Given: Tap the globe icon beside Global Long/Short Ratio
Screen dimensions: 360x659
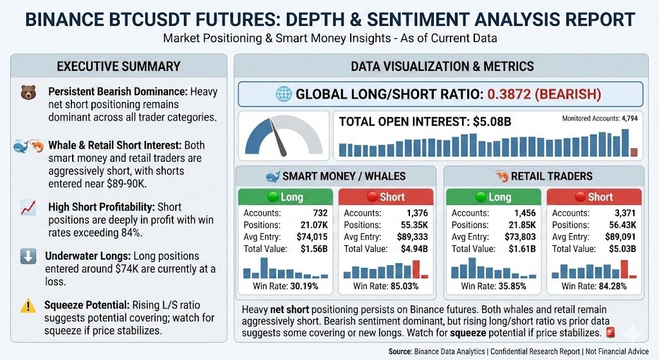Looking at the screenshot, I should [x=283, y=95].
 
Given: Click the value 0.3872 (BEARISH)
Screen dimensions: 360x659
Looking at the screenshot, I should [x=544, y=95].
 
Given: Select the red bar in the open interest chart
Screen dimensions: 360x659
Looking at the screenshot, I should [x=633, y=152].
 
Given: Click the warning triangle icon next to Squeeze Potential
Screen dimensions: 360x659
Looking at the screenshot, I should [x=28, y=305].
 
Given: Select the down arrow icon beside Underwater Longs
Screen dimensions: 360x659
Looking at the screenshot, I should [x=28, y=256].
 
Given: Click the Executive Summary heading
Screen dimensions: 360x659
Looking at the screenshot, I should [x=118, y=66].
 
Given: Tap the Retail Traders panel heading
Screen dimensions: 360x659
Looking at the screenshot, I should [x=544, y=176].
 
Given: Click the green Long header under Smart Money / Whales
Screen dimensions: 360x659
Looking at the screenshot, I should [x=285, y=197].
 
